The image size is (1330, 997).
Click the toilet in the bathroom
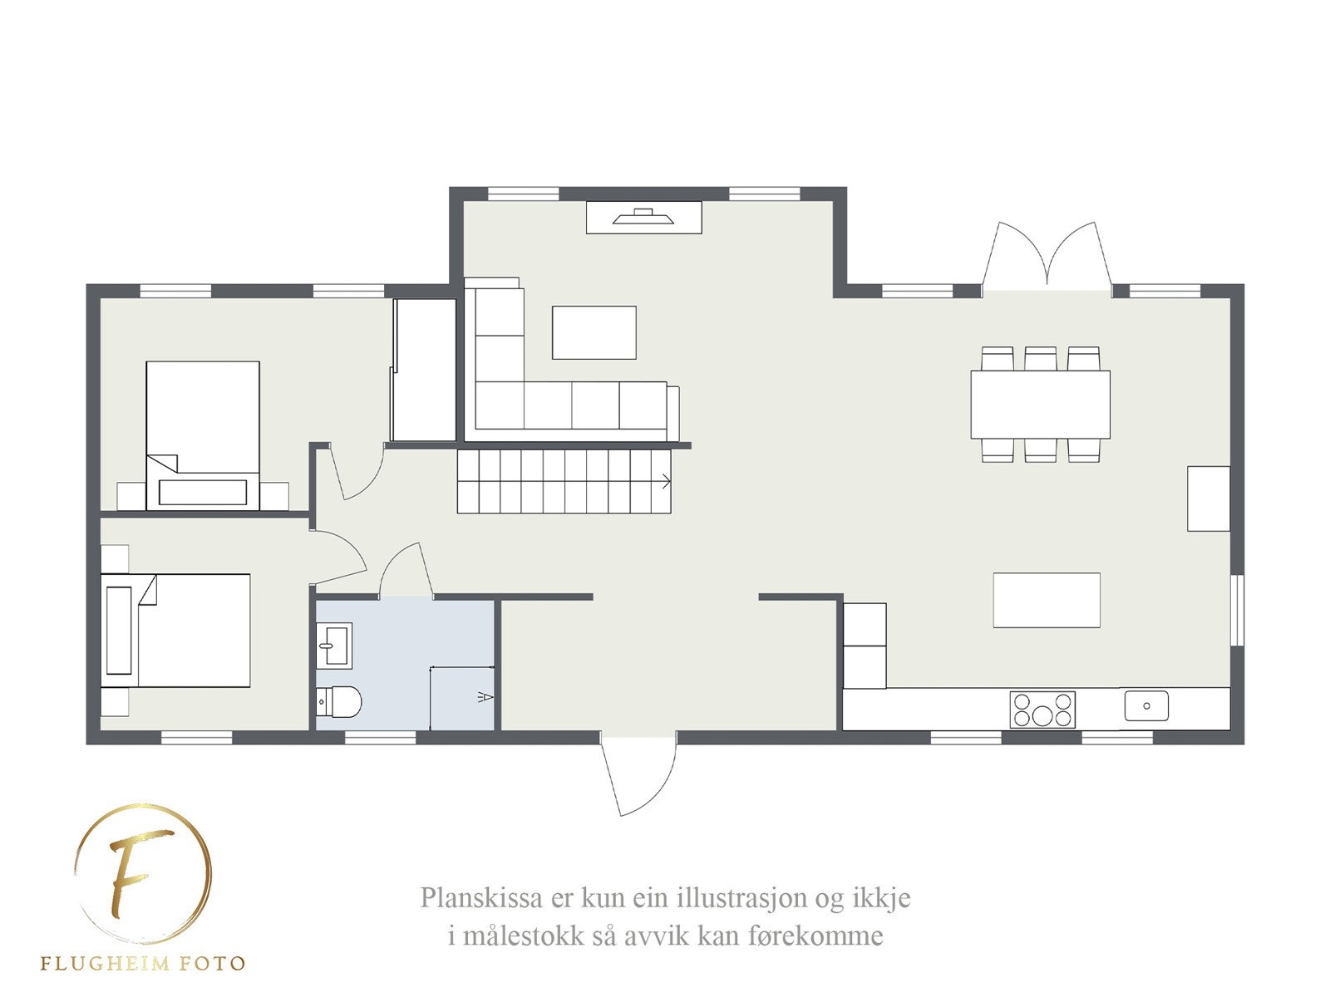341,701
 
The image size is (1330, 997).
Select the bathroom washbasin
334,646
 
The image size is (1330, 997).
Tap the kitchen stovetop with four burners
1042,710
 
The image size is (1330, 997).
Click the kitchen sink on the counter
1146,706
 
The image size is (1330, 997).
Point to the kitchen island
1047,600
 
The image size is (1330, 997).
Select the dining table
1040,404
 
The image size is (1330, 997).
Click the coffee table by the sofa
594,332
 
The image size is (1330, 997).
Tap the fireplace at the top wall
643,217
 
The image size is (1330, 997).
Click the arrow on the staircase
666,480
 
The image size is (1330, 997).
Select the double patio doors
1047,258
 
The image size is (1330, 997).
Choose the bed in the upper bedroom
203,434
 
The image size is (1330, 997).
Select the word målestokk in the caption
524,936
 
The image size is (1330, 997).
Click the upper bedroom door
357,474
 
